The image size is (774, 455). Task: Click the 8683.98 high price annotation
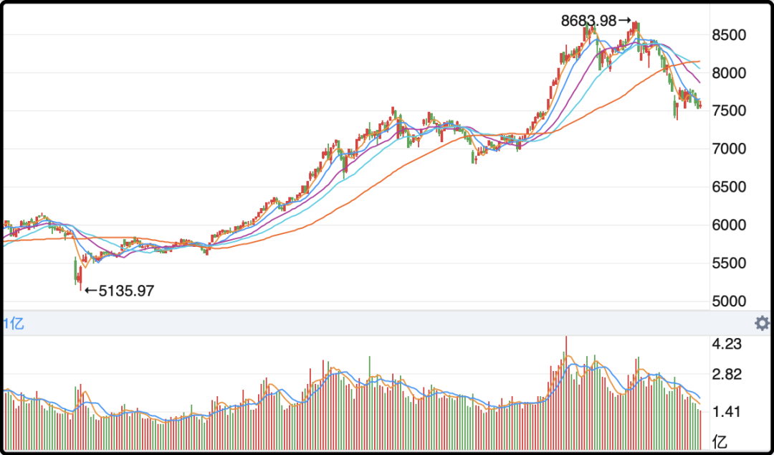click(x=588, y=22)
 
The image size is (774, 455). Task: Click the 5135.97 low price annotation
click(x=126, y=291)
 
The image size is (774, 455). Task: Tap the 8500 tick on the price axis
click(x=730, y=35)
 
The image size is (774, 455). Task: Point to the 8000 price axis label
click(x=730, y=73)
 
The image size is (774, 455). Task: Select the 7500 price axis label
click(x=730, y=111)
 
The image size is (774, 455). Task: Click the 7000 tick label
click(x=730, y=149)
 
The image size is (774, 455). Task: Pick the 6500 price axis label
click(x=730, y=187)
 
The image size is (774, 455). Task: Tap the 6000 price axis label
click(x=730, y=225)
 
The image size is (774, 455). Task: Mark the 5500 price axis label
click(x=730, y=263)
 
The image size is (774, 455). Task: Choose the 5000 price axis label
click(x=730, y=301)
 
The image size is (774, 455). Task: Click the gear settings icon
click(x=762, y=323)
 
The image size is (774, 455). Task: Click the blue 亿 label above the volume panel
click(x=14, y=324)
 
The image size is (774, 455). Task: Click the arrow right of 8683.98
click(x=624, y=22)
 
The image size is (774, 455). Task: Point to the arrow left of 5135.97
click(x=90, y=291)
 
